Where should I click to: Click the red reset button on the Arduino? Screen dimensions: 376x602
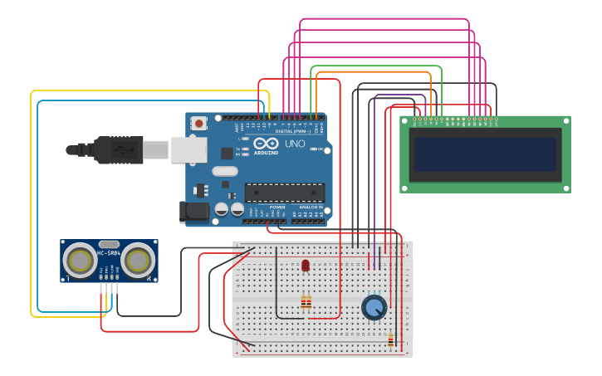click(198, 123)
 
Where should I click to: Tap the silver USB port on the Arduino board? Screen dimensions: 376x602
click(189, 149)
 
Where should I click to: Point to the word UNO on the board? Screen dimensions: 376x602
click(295, 144)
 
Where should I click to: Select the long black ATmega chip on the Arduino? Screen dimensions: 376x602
click(284, 193)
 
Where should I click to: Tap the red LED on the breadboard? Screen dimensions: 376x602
click(306, 266)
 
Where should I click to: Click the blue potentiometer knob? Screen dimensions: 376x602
click(374, 308)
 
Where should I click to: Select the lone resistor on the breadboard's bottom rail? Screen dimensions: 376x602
click(391, 339)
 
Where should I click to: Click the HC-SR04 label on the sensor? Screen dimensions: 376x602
click(109, 252)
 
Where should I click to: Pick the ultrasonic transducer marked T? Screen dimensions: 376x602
click(81, 261)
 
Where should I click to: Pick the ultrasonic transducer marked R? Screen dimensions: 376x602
click(137, 261)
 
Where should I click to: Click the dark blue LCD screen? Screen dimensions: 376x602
click(486, 154)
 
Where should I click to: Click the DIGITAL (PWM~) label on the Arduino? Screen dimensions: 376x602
click(294, 131)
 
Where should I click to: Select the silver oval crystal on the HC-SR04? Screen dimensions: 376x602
click(109, 244)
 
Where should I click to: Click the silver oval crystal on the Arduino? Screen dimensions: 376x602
click(224, 172)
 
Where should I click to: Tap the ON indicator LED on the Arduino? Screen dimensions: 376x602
click(314, 149)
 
